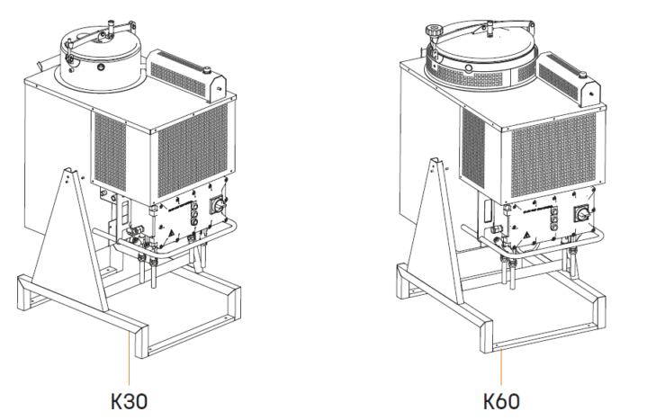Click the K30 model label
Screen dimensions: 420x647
point(129,399)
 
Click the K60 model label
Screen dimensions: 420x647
point(500,399)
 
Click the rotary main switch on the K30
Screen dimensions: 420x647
point(217,205)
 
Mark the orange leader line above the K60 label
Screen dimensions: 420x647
point(500,365)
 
